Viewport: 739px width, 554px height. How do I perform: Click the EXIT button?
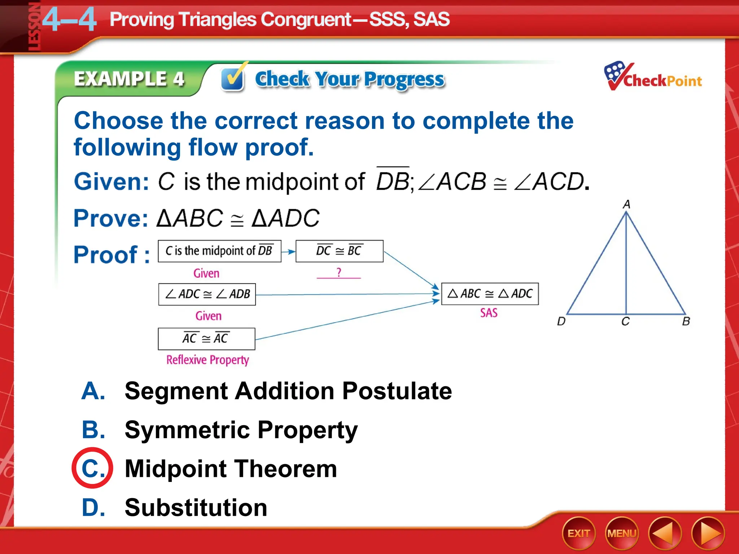578,533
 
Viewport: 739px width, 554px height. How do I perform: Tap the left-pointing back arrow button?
664,533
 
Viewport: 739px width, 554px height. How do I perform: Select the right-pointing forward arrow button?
708,533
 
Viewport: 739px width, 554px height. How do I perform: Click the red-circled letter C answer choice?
92,468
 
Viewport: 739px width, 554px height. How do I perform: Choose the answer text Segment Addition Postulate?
288,391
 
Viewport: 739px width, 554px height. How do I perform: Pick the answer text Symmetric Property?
241,430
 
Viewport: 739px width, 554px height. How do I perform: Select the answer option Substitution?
196,507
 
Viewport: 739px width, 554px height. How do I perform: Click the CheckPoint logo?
653,77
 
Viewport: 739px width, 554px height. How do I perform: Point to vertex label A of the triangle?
626,205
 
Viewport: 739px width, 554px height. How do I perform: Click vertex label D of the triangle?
561,321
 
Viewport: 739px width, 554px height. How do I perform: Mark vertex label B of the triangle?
686,321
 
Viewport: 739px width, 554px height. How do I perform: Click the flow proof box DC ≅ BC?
339,251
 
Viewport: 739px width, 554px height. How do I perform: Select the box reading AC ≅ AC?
206,339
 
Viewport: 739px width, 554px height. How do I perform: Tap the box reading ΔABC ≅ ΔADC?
490,294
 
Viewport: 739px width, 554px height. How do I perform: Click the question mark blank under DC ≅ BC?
338,273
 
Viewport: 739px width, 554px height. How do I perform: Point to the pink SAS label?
489,313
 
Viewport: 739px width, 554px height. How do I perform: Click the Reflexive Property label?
207,360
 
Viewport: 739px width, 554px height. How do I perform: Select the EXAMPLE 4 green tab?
129,79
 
